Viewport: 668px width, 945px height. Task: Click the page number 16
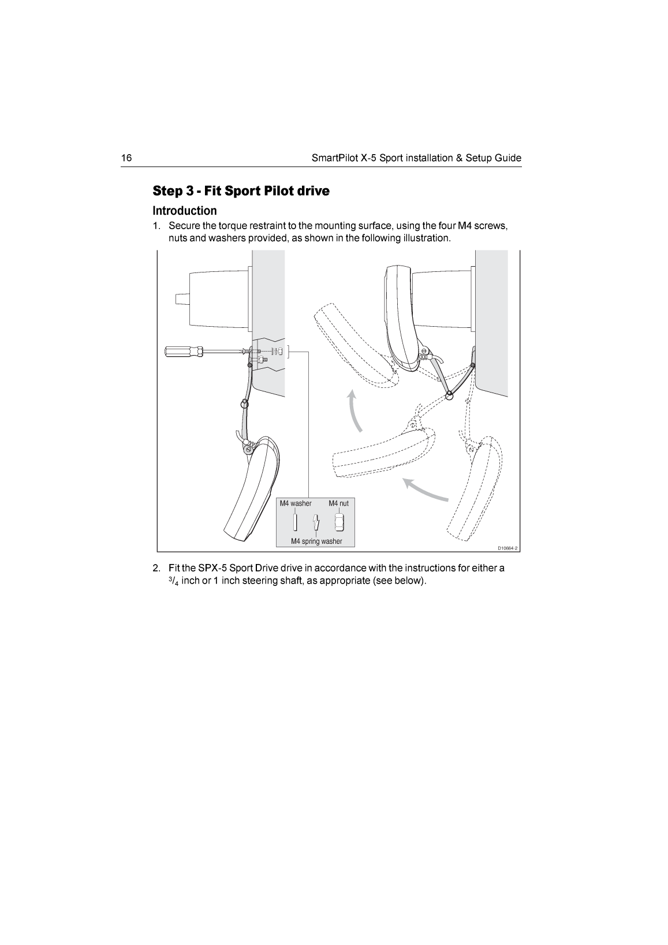point(126,158)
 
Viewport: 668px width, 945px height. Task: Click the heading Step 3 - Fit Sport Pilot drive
point(241,191)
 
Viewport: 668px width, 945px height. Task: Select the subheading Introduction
point(184,210)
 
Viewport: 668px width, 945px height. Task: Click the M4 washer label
point(295,503)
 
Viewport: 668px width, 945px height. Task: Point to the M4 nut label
point(338,503)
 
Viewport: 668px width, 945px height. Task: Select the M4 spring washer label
point(316,541)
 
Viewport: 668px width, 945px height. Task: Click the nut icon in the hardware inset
point(339,522)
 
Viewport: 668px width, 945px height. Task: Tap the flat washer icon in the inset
point(294,523)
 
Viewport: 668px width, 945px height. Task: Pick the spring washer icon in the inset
point(316,523)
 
